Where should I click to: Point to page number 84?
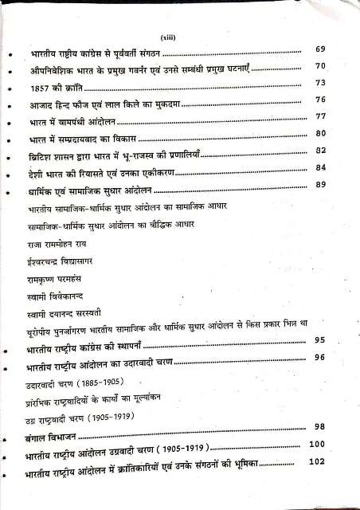click(322, 168)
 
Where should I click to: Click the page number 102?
click(318, 461)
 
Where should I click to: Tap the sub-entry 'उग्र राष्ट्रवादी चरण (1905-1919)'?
click(80, 420)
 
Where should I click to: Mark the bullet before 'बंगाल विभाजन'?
click(9, 439)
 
